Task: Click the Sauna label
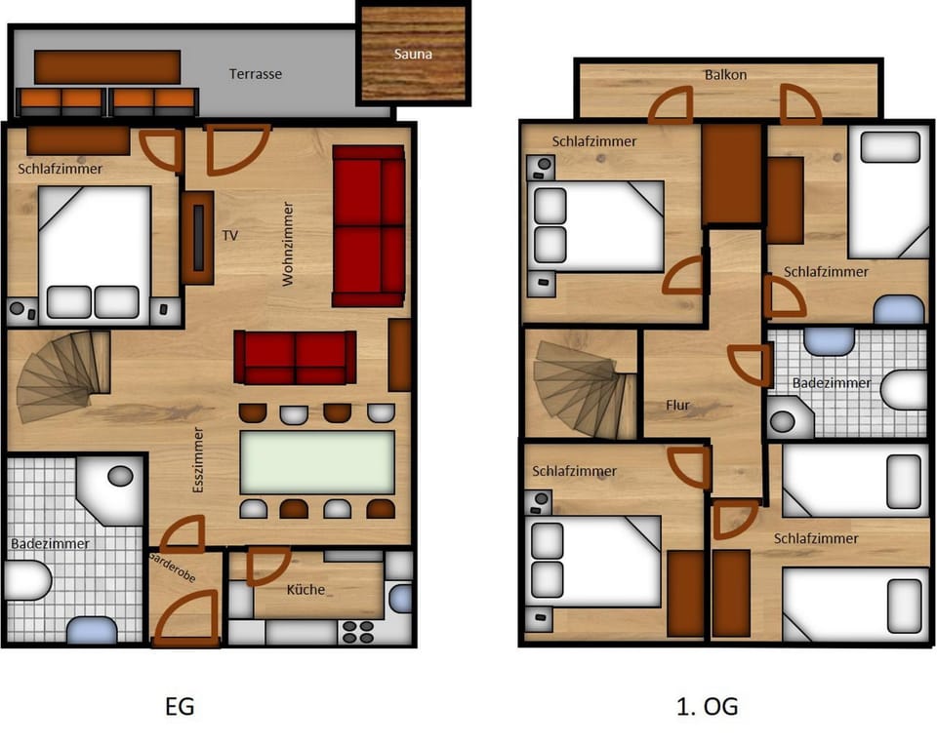point(413,54)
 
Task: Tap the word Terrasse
point(256,74)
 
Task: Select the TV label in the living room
point(230,235)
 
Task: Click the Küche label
point(306,589)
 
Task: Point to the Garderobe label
point(173,568)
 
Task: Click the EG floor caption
point(180,706)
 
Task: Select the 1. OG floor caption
point(708,706)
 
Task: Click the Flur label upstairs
point(678,404)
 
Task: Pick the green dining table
point(317,461)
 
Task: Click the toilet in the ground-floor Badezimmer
point(26,583)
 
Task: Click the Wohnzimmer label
point(288,244)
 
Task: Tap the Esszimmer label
point(198,459)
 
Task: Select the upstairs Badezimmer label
point(832,383)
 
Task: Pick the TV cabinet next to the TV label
point(197,237)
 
